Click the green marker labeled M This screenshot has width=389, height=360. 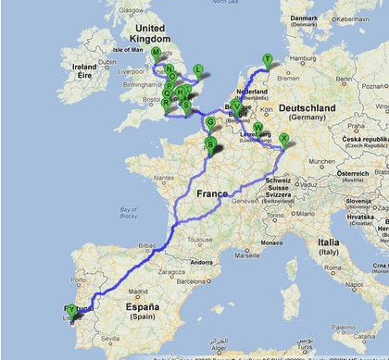point(155,53)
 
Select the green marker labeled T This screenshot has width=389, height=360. point(268,59)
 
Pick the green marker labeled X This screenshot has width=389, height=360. point(283,139)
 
